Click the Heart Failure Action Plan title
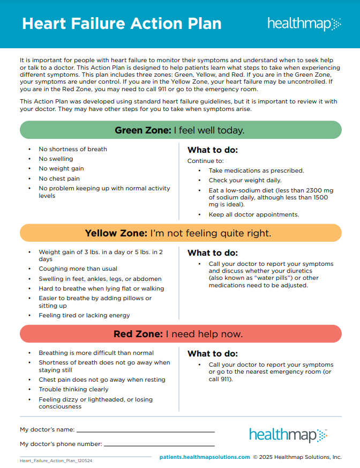122,24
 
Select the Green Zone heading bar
180,130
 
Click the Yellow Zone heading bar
180,233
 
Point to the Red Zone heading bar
180,334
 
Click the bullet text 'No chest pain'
59,179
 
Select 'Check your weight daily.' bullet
245,180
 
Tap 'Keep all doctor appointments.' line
254,214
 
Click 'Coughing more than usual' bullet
78,269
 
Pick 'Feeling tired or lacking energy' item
84,315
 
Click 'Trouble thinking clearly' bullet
73,389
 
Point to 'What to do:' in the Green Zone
213,150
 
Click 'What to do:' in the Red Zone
213,353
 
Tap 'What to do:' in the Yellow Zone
213,252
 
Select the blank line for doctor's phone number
159,445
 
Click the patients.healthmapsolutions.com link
205,457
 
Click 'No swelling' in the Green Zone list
56,159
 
